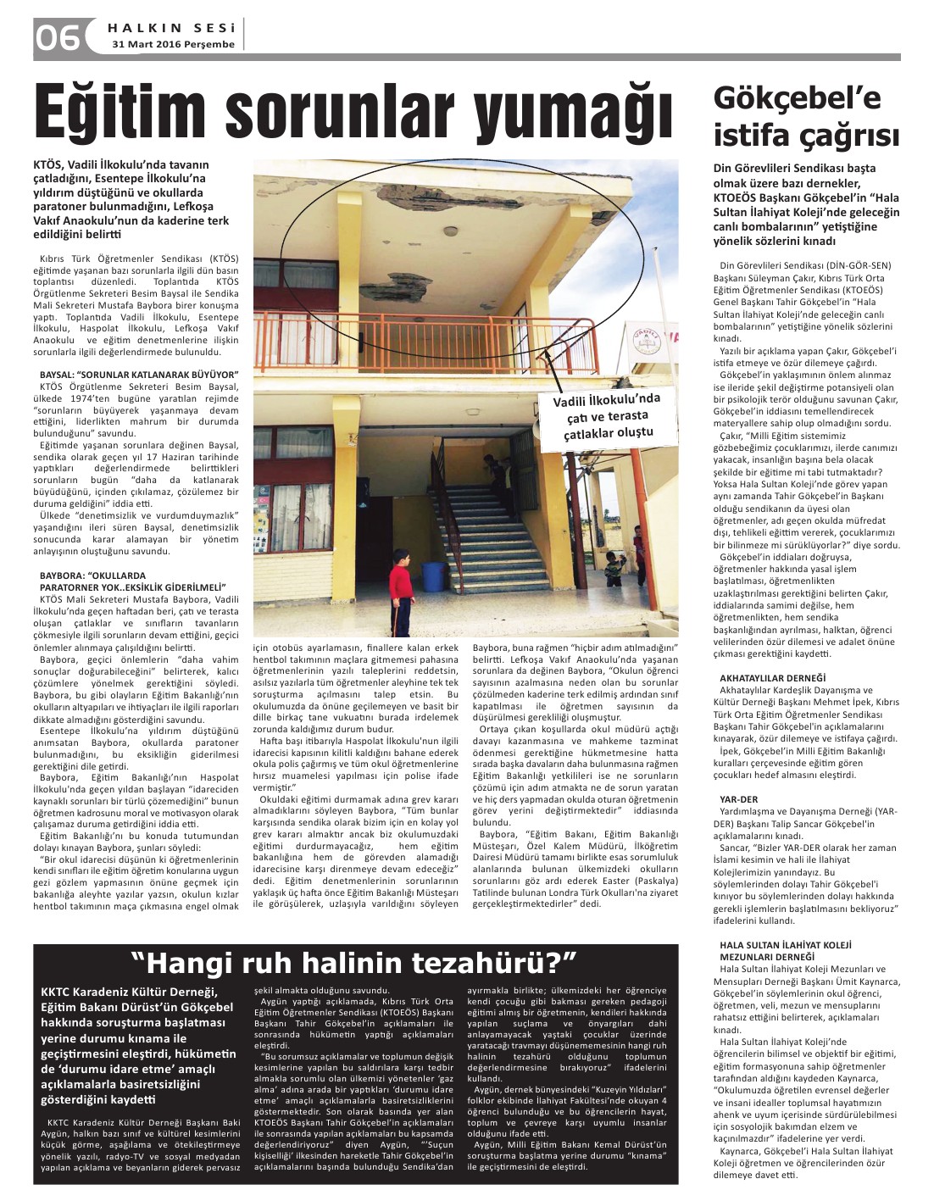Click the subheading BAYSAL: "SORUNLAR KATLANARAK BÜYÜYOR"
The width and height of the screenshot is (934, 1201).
point(139,374)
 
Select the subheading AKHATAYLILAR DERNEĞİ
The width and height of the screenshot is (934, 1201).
point(760,678)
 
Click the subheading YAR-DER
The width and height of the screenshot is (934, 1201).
point(738,798)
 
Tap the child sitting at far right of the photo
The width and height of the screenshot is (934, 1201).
point(611,566)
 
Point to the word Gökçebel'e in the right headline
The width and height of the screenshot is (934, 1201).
point(786,97)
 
